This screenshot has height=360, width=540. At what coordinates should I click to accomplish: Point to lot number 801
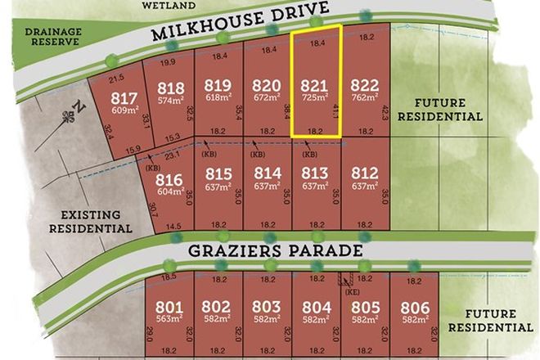tap(169, 308)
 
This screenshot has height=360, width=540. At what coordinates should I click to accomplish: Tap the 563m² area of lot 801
tap(169, 321)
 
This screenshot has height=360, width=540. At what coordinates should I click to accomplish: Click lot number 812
tap(364, 173)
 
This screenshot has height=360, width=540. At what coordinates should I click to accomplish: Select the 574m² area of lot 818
tap(170, 103)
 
